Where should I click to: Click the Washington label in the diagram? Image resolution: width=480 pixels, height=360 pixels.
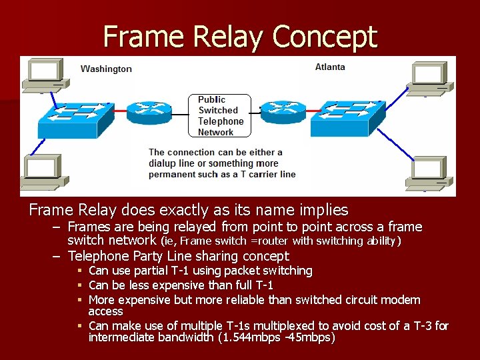coord(106,69)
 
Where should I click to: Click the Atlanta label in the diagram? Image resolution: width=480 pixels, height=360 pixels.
coord(330,67)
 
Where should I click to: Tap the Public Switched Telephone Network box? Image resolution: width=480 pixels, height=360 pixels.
coord(221,116)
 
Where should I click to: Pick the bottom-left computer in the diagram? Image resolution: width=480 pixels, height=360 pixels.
coord(42,171)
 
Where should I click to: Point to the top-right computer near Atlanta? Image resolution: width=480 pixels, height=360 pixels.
coord(431,78)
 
